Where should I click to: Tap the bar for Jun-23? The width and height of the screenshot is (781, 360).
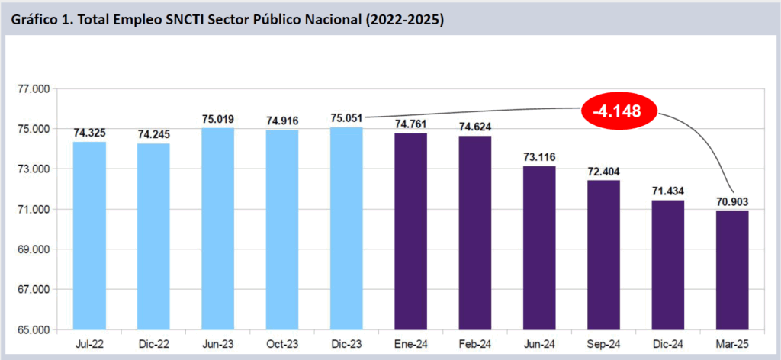pyautogui.click(x=217, y=229)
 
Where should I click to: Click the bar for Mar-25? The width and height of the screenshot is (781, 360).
pyautogui.click(x=731, y=270)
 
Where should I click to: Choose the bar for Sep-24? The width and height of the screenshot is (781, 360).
pyautogui.click(x=603, y=255)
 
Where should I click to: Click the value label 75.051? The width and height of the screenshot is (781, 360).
pyautogui.click(x=346, y=118)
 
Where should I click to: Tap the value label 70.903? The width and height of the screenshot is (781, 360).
pyautogui.click(x=731, y=201)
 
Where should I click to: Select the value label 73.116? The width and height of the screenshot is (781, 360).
pyautogui.click(x=539, y=157)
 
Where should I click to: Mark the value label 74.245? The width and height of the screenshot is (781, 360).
pyautogui.click(x=153, y=134)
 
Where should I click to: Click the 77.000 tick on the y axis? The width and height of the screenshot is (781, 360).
pyautogui.click(x=33, y=89)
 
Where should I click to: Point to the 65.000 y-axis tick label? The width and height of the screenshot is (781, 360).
pyautogui.click(x=33, y=330)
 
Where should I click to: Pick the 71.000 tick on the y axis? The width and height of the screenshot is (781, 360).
pyautogui.click(x=33, y=210)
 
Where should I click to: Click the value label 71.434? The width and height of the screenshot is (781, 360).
pyautogui.click(x=667, y=191)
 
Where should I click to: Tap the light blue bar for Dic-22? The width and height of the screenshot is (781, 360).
pyautogui.click(x=153, y=236)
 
